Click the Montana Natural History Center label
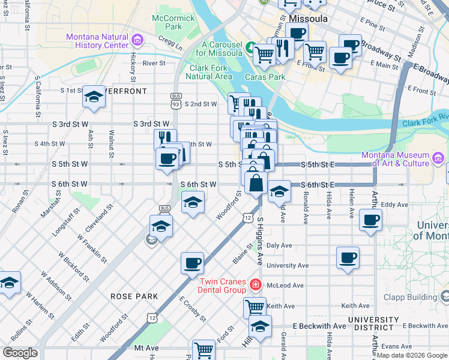[x=97, y=41]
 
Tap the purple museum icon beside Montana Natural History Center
[x=138, y=41]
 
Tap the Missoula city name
[x=309, y=19]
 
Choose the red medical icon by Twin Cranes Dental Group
[x=256, y=284]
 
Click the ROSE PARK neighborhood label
[x=134, y=296]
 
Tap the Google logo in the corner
[x=20, y=353]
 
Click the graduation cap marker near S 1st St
[x=94, y=97]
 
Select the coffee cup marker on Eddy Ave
[x=371, y=220]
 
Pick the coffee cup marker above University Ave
[x=348, y=258]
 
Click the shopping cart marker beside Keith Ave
[x=255, y=307]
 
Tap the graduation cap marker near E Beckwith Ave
[x=260, y=326]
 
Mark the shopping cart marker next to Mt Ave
[x=203, y=350]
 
